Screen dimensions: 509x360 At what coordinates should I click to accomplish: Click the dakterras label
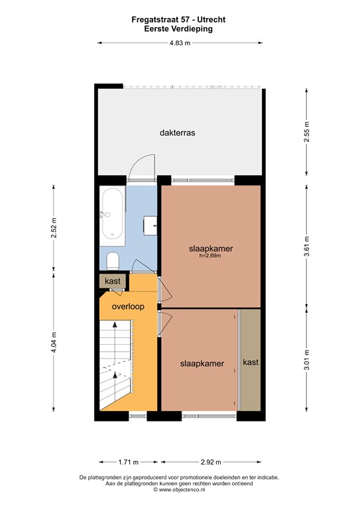(x=177, y=133)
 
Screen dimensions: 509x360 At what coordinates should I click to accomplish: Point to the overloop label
(x=128, y=307)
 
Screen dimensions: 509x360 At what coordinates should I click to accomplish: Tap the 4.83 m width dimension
(x=179, y=42)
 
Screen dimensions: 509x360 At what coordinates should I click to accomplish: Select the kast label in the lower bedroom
(x=251, y=362)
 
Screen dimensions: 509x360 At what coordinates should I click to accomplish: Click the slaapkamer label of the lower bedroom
(x=202, y=363)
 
